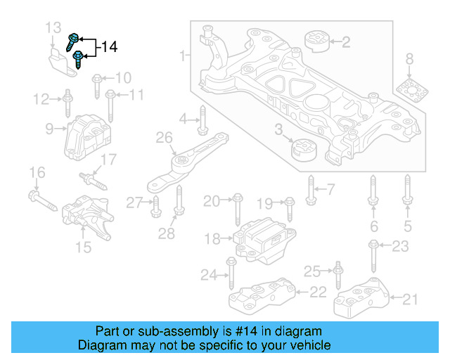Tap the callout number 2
click(x=345, y=42)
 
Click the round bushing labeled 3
click(x=304, y=150)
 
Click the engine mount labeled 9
click(x=84, y=134)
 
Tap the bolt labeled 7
click(x=310, y=188)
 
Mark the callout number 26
click(x=164, y=148)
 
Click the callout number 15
click(x=83, y=247)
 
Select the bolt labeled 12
click(x=67, y=104)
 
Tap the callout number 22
click(x=318, y=291)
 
